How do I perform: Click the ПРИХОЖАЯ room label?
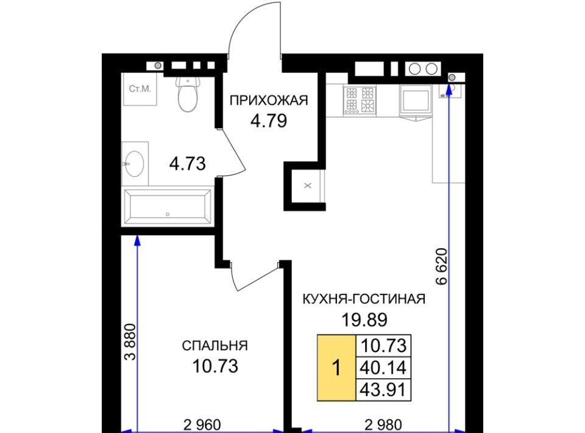click(269, 101)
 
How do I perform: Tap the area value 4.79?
click(269, 121)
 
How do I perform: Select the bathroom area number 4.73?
click(187, 164)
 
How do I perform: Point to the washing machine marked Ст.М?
click(140, 89)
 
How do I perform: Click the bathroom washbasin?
click(135, 163)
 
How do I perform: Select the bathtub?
click(168, 206)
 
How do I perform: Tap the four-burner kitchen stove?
click(360, 99)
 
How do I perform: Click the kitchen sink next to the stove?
click(416, 99)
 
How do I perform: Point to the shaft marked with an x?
click(307, 185)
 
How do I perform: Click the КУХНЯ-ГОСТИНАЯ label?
click(364, 299)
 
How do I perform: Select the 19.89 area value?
click(364, 320)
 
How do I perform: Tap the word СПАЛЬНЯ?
click(214, 346)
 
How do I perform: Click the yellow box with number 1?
click(336, 368)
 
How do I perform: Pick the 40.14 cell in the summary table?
click(383, 368)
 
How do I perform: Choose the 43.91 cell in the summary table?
click(383, 390)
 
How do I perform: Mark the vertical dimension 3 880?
click(130, 342)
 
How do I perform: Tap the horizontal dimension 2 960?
click(202, 425)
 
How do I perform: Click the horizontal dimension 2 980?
click(383, 425)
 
